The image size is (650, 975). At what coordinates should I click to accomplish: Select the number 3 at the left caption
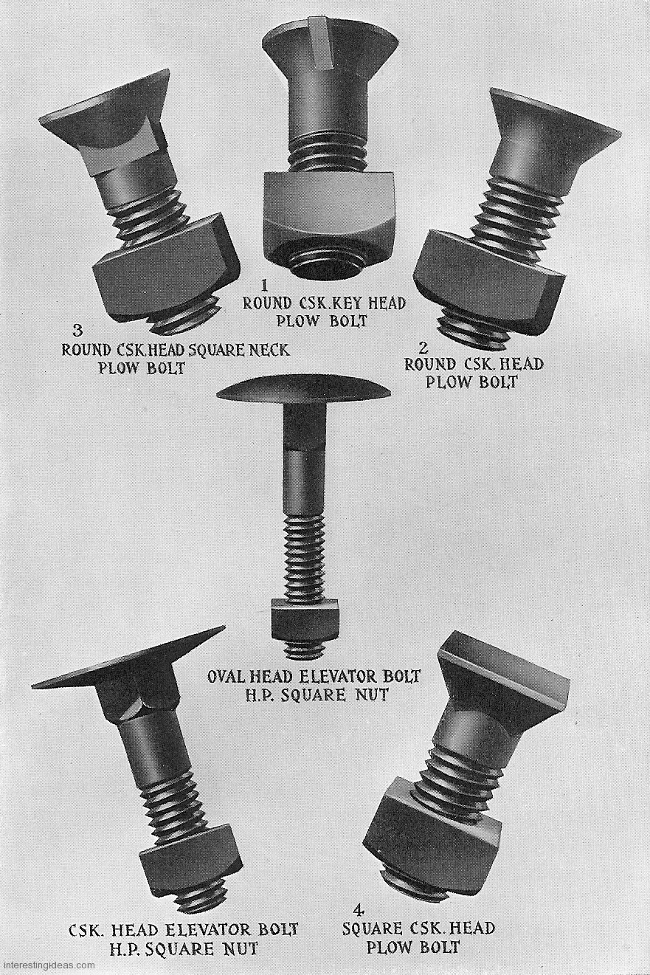77,331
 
